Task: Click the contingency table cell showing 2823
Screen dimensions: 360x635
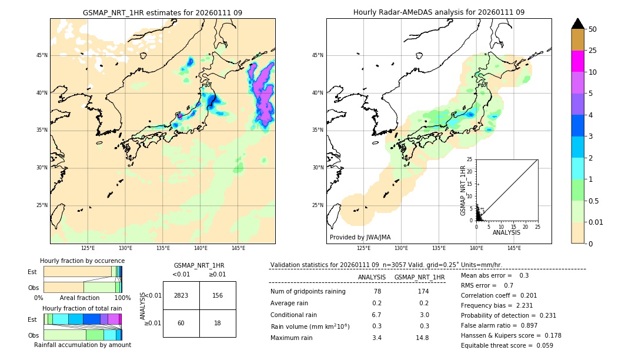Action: tap(181, 295)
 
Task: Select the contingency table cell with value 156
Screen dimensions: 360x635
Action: tap(218, 295)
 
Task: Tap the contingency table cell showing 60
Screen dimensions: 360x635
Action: tap(181, 323)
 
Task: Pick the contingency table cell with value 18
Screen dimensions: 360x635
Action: tap(218, 323)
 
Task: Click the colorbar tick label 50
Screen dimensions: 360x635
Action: tap(593, 29)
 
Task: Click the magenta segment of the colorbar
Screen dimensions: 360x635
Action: tap(577, 61)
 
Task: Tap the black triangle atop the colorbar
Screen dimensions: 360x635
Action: tap(577, 24)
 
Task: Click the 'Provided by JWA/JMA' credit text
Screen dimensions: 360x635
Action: tap(360, 237)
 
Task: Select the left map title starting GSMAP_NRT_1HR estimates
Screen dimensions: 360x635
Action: tap(162, 12)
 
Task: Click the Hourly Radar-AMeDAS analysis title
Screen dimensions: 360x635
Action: tap(439, 12)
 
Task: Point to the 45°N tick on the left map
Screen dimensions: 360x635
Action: tap(42, 55)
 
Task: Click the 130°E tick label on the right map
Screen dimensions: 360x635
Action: tap(401, 248)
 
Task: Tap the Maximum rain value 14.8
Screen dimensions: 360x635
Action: tap(423, 338)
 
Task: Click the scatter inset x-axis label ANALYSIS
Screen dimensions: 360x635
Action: tap(506, 232)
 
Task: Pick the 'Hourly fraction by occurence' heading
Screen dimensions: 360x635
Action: tap(82, 261)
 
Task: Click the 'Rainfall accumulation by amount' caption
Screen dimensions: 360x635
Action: tap(82, 345)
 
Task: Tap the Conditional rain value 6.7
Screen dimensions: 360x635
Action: tap(376, 315)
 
